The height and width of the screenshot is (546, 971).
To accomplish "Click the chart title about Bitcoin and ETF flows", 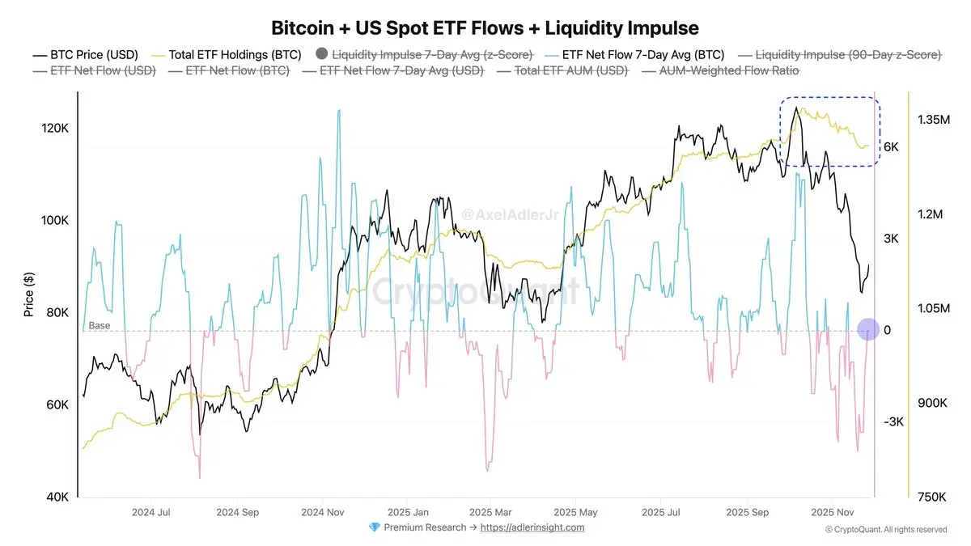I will pos(485,28).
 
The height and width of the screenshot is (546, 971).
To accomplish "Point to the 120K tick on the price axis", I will pos(53,129).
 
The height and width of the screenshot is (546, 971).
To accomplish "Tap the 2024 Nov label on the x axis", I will pos(324,512).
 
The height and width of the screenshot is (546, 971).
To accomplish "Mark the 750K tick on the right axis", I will pos(931,497).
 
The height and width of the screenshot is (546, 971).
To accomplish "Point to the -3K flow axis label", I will pos(893,422).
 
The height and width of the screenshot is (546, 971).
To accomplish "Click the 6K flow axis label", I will pos(892,147).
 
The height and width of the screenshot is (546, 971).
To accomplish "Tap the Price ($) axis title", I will pos(29,294).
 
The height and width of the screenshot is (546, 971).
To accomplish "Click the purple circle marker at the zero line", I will pos(868,329).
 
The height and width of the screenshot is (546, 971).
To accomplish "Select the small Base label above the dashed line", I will pos(99,325).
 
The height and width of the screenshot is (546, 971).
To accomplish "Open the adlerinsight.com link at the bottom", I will pos(532,527).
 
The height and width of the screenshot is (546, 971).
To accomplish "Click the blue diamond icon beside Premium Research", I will pos(374,527).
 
